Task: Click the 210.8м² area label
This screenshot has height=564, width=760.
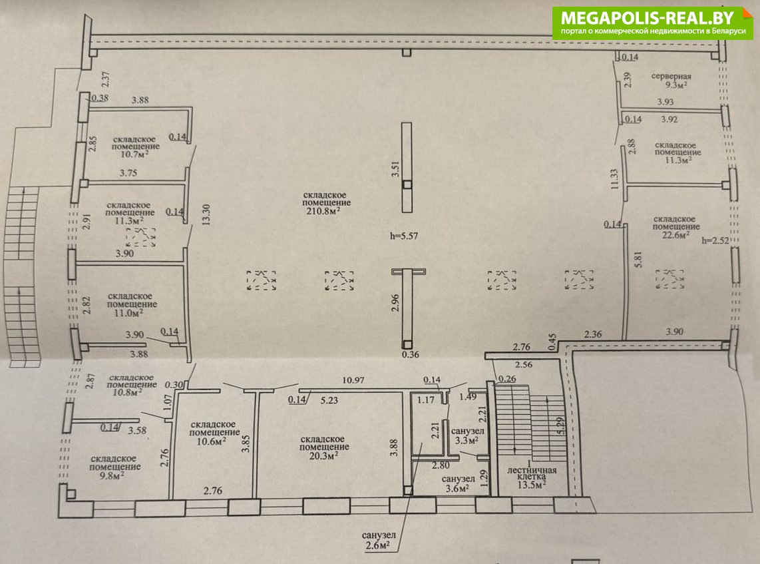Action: (x=325, y=211)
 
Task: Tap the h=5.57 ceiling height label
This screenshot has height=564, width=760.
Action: (x=404, y=236)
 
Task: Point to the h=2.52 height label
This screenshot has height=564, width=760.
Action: (x=715, y=240)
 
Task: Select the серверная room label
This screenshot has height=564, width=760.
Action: (x=671, y=76)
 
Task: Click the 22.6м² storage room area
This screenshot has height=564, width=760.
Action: (x=675, y=235)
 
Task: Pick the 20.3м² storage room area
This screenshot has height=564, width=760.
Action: (x=324, y=456)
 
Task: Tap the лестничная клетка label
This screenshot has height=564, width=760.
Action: (x=532, y=473)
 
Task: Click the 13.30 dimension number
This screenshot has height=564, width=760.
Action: (x=206, y=215)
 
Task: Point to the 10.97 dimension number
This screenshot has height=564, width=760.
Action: (x=353, y=380)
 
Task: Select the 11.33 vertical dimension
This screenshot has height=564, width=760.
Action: (x=615, y=178)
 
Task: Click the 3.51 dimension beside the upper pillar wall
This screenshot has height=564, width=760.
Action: (x=395, y=168)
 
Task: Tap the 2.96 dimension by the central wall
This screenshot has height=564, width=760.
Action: (x=395, y=302)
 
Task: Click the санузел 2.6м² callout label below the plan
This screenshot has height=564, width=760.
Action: (x=379, y=540)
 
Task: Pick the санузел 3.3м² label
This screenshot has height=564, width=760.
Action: (x=467, y=435)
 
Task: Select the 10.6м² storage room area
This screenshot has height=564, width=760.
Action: (x=212, y=441)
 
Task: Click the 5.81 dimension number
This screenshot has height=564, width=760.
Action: (x=638, y=260)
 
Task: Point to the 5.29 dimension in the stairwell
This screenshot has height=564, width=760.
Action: (x=562, y=425)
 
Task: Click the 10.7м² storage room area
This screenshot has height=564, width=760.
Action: (x=134, y=154)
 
